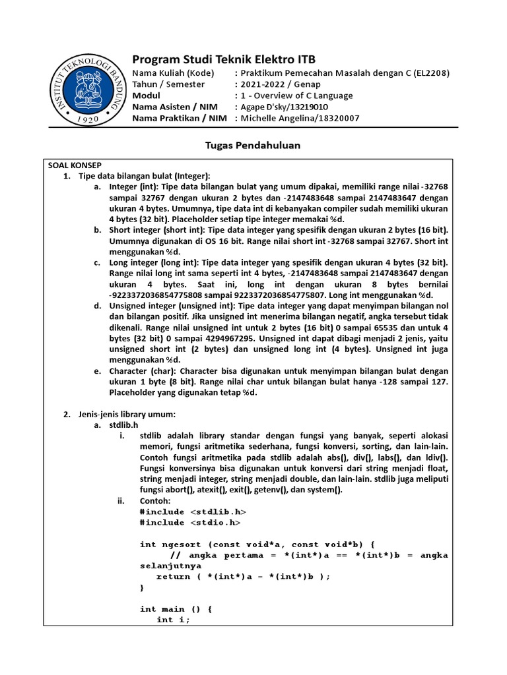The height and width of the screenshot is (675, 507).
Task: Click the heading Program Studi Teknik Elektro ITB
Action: tap(225, 60)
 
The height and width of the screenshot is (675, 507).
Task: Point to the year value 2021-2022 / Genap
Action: tap(281, 84)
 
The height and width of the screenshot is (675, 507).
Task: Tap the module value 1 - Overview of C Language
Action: tap(296, 96)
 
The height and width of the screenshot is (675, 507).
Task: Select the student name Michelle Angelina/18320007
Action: tap(300, 118)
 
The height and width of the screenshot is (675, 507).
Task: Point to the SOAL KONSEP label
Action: tap(74, 165)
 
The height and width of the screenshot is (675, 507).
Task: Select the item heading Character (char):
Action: tap(147, 371)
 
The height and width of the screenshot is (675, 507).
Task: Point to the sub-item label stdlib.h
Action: tap(125, 425)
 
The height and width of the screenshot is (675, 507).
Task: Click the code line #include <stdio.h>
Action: tap(190, 522)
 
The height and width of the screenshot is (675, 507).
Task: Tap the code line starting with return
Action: tap(242, 575)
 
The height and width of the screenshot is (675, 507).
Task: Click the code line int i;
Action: tap(173, 620)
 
